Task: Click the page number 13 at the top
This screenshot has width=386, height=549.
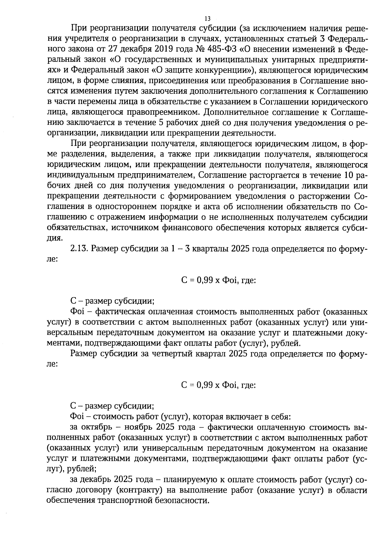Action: (207, 18)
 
